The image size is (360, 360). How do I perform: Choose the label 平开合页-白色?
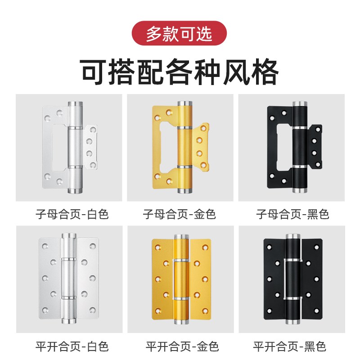tap(72, 346)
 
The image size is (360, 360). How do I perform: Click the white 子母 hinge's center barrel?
tap(75, 148)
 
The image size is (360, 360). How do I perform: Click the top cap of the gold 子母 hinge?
tap(184, 106)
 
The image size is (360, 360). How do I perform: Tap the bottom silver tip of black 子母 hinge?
tap(298, 189)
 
